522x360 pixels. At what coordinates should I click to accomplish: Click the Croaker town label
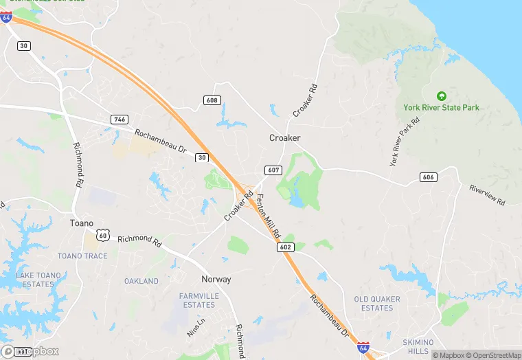(x=284, y=138)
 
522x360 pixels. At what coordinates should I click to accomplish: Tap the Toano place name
(x=81, y=223)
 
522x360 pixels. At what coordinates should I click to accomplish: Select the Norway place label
(x=216, y=280)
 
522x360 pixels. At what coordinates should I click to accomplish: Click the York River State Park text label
(x=441, y=108)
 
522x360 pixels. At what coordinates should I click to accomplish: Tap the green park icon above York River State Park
(x=441, y=95)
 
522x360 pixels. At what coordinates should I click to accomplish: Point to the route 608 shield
(x=212, y=100)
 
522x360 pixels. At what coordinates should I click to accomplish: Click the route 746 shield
(x=120, y=120)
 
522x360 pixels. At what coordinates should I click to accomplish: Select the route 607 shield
(x=272, y=170)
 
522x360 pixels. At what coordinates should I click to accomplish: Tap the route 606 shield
(x=428, y=177)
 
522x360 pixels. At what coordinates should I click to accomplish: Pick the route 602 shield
(x=286, y=247)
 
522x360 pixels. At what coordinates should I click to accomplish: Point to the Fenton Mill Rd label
(x=269, y=217)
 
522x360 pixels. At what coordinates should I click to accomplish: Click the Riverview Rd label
(x=487, y=195)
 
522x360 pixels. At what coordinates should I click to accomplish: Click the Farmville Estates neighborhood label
(x=197, y=300)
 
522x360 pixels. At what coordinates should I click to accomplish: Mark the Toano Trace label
(x=82, y=256)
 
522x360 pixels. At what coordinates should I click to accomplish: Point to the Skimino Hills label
(x=418, y=346)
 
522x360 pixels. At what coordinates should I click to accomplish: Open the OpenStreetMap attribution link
(x=492, y=355)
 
